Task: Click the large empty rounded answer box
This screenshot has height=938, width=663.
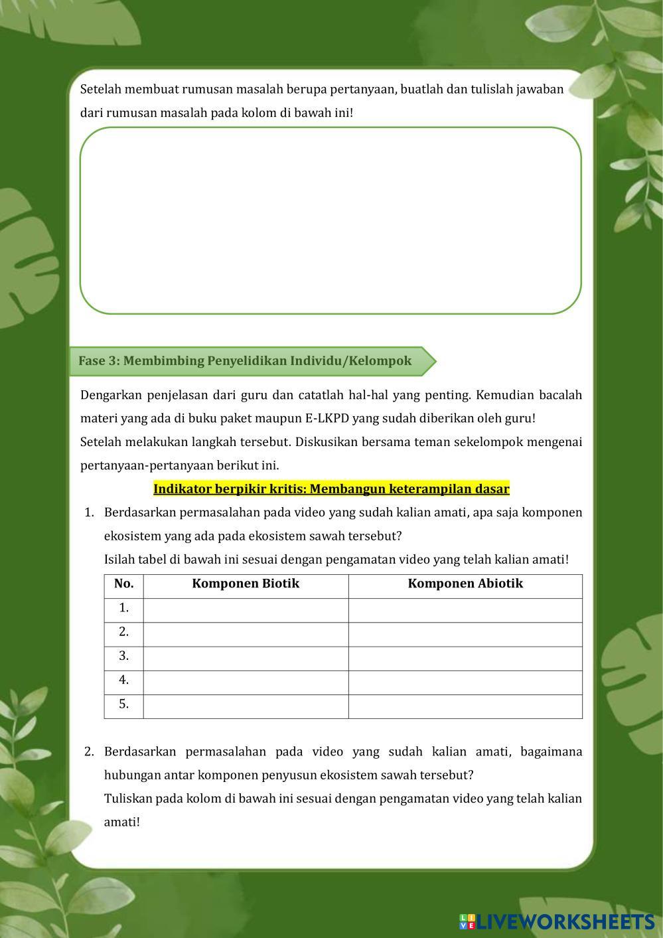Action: pyautogui.click(x=331, y=220)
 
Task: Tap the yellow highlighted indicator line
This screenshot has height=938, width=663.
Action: pyautogui.click(x=331, y=489)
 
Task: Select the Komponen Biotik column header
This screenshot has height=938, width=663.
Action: pyautogui.click(x=246, y=584)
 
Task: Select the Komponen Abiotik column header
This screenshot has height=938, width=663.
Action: pyautogui.click(x=465, y=584)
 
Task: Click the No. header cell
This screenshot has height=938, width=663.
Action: pyautogui.click(x=123, y=584)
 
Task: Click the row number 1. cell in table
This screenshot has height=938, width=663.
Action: pyautogui.click(x=123, y=608)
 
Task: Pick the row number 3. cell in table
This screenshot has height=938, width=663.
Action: pyautogui.click(x=123, y=657)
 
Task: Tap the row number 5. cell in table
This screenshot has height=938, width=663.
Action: pyautogui.click(x=123, y=705)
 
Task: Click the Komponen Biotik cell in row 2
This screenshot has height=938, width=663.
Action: pyautogui.click(x=246, y=633)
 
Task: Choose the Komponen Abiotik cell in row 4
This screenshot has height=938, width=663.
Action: pyautogui.click(x=465, y=681)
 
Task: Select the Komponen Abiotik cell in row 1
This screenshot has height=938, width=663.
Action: pyautogui.click(x=465, y=609)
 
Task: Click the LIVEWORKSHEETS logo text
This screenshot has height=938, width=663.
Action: pyautogui.click(x=565, y=921)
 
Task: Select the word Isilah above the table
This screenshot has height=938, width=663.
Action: pyautogui.click(x=121, y=560)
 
